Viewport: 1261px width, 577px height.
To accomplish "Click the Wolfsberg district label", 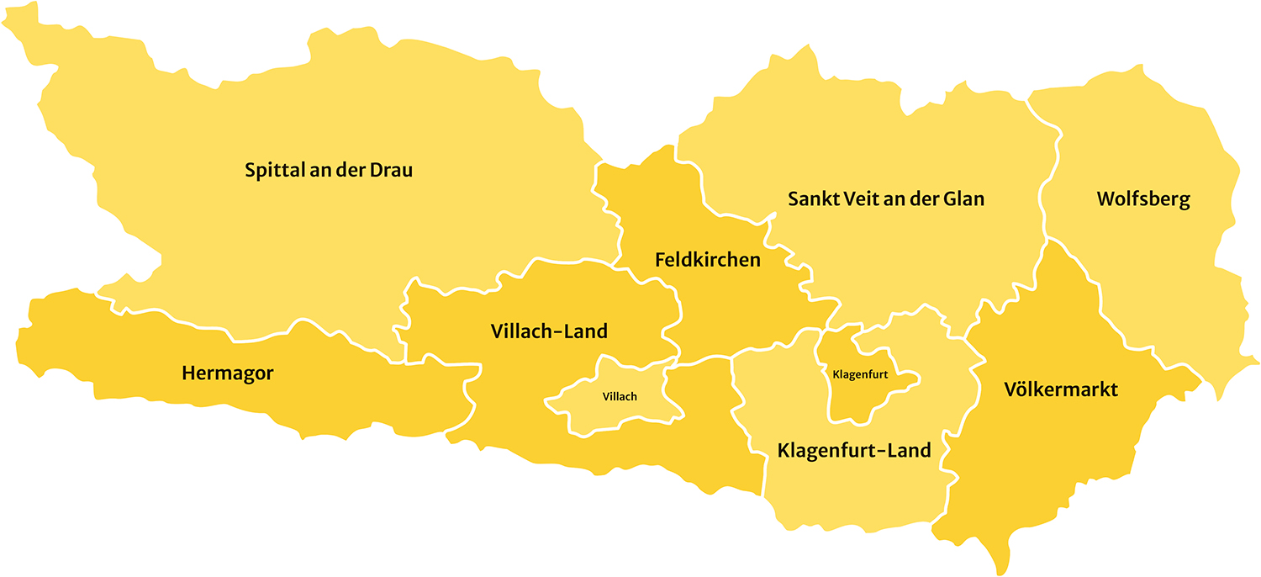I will [1143, 199].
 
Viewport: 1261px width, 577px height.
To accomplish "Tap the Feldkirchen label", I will [707, 260].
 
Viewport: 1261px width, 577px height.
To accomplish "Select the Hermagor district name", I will [227, 373].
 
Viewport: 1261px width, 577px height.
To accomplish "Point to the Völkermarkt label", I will [1061, 389].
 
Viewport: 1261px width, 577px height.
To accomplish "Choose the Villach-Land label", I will [548, 331].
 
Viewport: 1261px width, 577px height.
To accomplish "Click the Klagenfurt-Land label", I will [854, 450].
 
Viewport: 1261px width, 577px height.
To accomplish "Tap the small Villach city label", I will [620, 396].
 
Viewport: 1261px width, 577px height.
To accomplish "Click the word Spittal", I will [271, 171].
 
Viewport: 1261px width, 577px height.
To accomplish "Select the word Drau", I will [392, 170].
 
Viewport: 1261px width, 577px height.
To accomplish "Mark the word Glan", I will [964, 199].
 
